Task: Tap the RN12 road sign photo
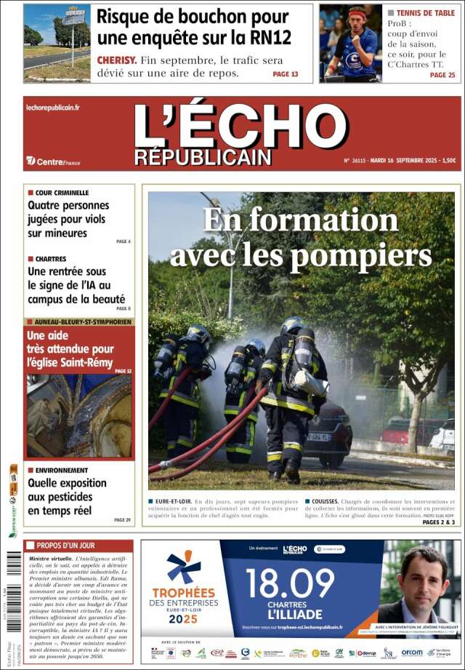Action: [57, 43]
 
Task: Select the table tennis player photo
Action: [352, 42]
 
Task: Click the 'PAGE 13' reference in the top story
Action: [285, 74]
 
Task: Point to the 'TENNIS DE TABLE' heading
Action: [426, 13]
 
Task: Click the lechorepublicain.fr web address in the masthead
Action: [53, 108]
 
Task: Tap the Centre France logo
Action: [53, 161]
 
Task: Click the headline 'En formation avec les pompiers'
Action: [301, 237]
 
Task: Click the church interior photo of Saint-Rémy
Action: [80, 416]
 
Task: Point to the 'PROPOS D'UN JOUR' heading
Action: [64, 545]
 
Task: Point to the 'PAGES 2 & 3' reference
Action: [438, 522]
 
